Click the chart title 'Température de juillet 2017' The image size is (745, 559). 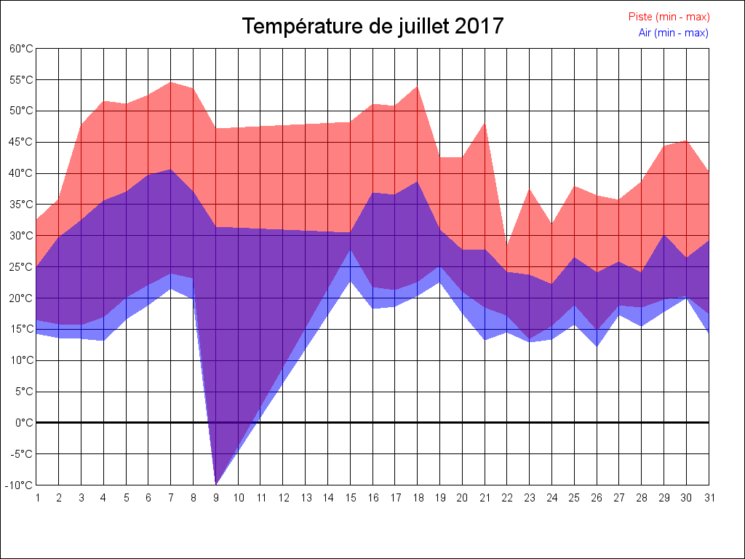pyautogui.click(x=372, y=26)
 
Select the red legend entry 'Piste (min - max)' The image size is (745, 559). pyautogui.click(x=669, y=17)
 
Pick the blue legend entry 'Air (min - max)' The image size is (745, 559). pyautogui.click(x=673, y=33)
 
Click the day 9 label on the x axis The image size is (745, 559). pyautogui.click(x=215, y=499)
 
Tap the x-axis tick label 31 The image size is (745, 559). pyautogui.click(x=709, y=499)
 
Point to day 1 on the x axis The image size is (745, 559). pyautogui.click(x=36, y=499)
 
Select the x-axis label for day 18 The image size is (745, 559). pyautogui.click(x=417, y=499)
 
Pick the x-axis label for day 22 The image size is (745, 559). pyautogui.click(x=507, y=499)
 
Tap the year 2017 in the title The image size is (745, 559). pyautogui.click(x=479, y=26)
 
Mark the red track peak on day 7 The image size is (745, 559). pyautogui.click(x=171, y=82)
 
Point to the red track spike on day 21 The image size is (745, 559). pyautogui.click(x=485, y=123)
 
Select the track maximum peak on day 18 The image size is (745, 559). pyautogui.click(x=417, y=87)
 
